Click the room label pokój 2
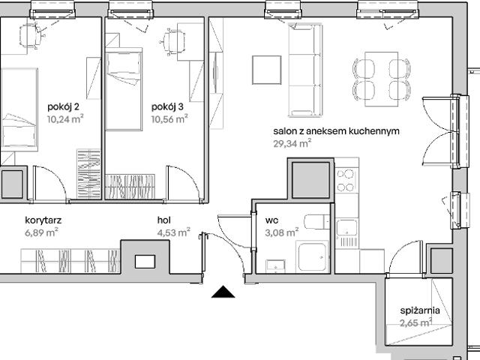(64, 106)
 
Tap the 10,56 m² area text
(169, 118)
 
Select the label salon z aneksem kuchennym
(335, 131)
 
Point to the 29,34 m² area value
(292, 144)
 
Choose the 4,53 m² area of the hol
(173, 232)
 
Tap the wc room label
(271, 220)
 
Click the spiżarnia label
(418, 310)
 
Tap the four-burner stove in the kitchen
(346, 181)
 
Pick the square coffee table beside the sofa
(265, 70)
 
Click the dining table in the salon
(381, 79)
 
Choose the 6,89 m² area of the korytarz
(40, 232)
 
